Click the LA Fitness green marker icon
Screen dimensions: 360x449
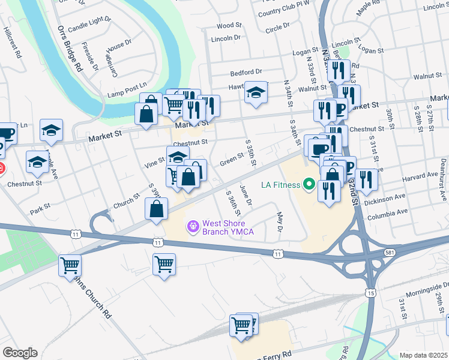click(x=310, y=184)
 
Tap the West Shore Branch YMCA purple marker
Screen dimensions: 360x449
click(x=193, y=226)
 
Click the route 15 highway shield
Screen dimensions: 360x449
click(x=371, y=292)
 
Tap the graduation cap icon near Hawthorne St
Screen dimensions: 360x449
click(x=256, y=92)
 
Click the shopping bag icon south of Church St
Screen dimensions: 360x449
click(x=156, y=209)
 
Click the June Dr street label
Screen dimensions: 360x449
click(x=245, y=195)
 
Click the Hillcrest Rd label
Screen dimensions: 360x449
click(x=13, y=41)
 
